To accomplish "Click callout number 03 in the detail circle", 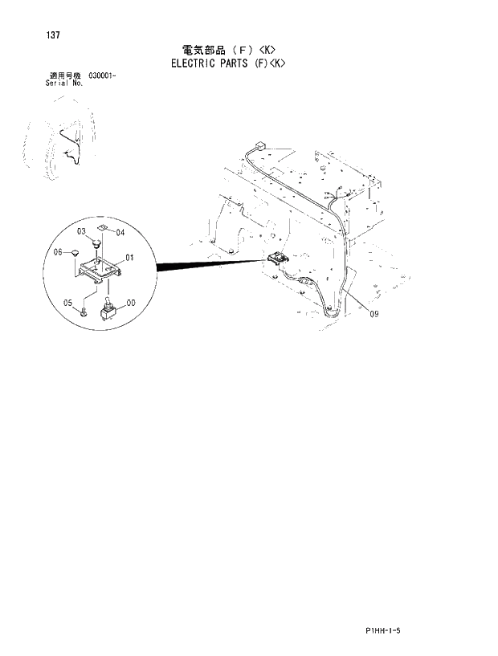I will (x=82, y=231).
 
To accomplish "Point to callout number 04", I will (x=120, y=233).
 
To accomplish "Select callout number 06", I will (x=58, y=252).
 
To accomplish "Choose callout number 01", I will (x=129, y=259).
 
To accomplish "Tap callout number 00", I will (x=130, y=303).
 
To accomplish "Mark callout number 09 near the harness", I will (x=374, y=316).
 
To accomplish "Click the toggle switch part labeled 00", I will (x=106, y=308).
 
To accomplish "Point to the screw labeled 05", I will (x=84, y=310).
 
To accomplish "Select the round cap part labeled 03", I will (x=96, y=239).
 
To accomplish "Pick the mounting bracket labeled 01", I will (x=100, y=267).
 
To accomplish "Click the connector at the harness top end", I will (x=259, y=146).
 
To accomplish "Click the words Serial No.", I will (x=65, y=82).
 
